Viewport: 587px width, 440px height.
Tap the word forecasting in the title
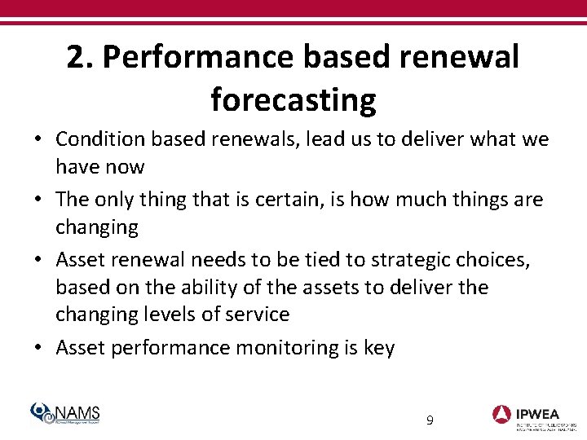click(293, 100)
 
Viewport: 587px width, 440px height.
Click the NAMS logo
click(64, 414)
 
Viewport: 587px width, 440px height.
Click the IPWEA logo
click(533, 415)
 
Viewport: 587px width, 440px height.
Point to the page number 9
click(430, 420)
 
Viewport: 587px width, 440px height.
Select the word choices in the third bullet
click(499, 260)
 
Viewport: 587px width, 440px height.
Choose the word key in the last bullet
click(378, 349)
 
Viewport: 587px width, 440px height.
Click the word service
click(257, 315)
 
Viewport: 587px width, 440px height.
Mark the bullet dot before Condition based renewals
click(38, 140)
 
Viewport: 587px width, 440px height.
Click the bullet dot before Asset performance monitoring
click(38, 349)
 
